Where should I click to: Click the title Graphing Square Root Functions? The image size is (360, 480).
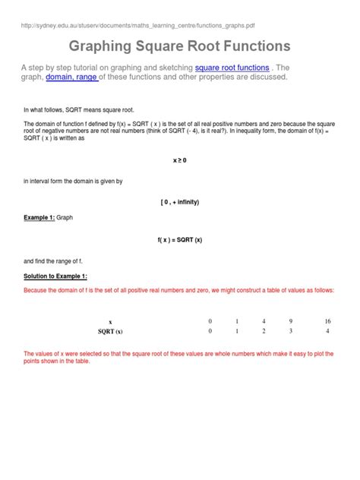[179, 46]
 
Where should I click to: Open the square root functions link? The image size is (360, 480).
[232, 68]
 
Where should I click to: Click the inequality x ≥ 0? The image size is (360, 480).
[179, 161]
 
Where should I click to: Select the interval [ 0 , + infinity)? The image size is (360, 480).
[179, 201]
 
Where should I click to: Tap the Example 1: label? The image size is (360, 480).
[38, 217]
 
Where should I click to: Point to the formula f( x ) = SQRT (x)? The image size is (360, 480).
[180, 240]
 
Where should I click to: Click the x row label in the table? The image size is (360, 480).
[110, 321]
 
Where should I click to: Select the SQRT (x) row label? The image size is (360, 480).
[111, 331]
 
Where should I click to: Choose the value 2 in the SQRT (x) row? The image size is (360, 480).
[264, 331]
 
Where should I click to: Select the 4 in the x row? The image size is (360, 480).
[264, 321]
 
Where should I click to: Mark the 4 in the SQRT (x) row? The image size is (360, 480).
[327, 331]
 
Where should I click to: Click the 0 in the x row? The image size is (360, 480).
[210, 321]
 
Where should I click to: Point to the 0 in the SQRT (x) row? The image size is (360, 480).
[210, 331]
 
